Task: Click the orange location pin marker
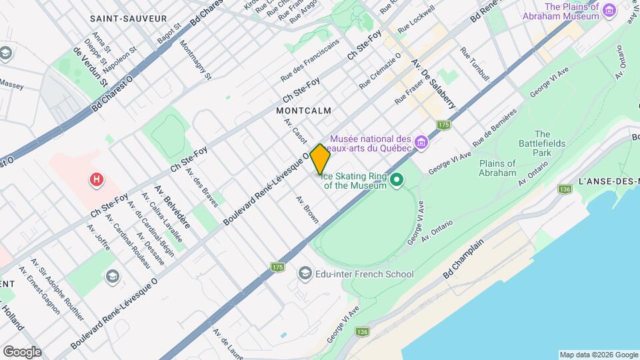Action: (x=321, y=159)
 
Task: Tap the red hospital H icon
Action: (x=97, y=179)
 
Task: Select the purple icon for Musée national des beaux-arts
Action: (x=420, y=142)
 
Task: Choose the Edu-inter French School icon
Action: (x=305, y=273)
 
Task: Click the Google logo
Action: (x=22, y=351)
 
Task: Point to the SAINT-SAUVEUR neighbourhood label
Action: (x=128, y=19)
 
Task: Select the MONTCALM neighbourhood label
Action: (x=304, y=110)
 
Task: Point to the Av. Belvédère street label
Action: (x=173, y=206)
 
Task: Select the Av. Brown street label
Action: (x=307, y=209)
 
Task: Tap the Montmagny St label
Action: (x=196, y=59)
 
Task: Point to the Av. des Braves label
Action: (x=201, y=187)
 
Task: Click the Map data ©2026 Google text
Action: (x=598, y=354)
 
